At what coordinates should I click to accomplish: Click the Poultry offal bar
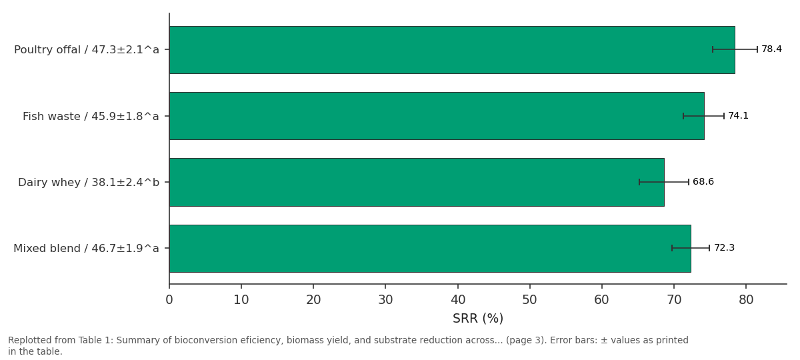[x=452, y=49]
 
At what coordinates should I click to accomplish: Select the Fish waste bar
[x=437, y=116]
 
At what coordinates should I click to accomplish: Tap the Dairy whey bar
[x=417, y=182]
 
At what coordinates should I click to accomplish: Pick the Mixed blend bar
[x=430, y=248]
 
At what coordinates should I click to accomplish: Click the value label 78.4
[x=771, y=49]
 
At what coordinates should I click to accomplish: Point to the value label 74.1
[x=738, y=116]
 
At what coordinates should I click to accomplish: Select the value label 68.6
[x=703, y=182]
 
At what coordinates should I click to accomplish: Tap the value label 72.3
[x=724, y=248]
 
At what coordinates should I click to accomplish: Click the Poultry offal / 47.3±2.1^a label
[x=87, y=49]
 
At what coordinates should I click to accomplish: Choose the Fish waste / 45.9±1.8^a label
[x=91, y=117]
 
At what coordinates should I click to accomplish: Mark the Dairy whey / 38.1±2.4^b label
[x=89, y=183]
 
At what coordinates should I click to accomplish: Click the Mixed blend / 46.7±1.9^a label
[x=86, y=248]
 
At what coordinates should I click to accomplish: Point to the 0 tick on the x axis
[x=169, y=300]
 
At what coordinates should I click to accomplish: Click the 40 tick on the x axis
[x=458, y=300]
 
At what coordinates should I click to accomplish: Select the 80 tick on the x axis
[x=746, y=300]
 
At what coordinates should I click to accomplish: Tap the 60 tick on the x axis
[x=602, y=300]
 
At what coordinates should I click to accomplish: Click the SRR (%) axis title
[x=478, y=318]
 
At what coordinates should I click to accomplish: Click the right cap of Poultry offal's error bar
[x=757, y=49]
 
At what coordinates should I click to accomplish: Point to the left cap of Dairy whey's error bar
[x=639, y=182]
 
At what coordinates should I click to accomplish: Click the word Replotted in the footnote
[x=27, y=341]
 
